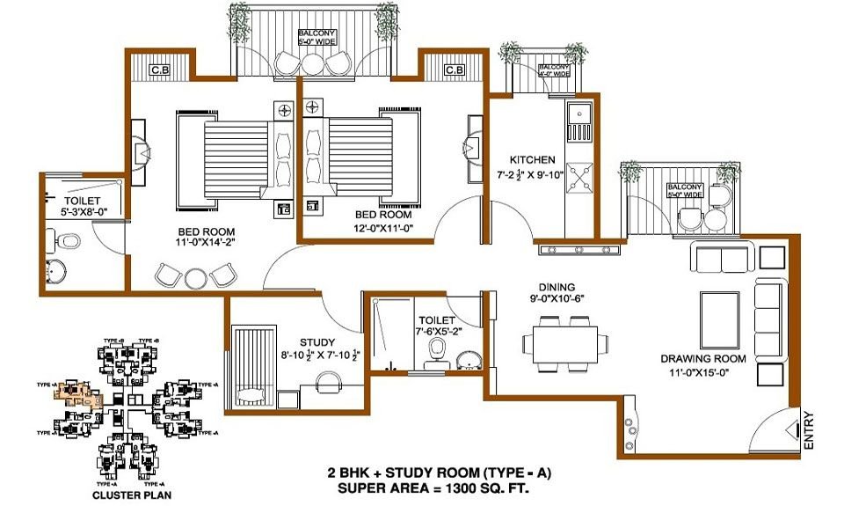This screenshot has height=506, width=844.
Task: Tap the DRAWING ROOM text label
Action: click(x=703, y=358)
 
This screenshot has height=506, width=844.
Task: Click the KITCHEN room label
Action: click(x=533, y=160)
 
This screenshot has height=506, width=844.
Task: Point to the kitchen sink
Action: click(x=579, y=122)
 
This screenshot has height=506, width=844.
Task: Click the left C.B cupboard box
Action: click(x=161, y=70)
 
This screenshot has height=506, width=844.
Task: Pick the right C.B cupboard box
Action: click(x=454, y=70)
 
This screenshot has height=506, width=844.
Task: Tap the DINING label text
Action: click(x=558, y=287)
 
